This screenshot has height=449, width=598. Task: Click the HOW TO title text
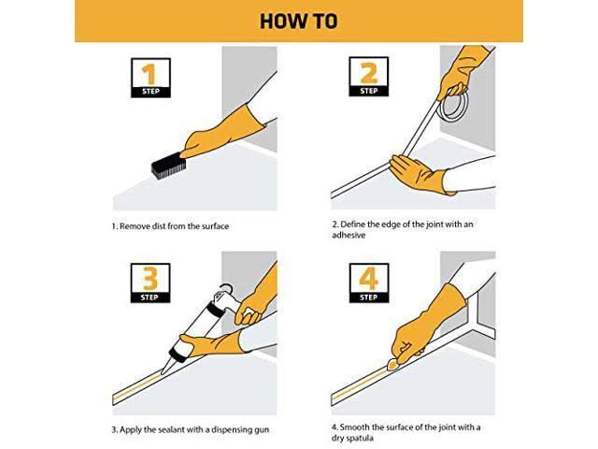[x=299, y=22]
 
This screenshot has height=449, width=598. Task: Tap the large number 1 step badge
[x=150, y=78]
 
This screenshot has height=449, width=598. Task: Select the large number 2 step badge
[x=369, y=77]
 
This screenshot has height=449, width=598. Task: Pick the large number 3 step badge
[x=150, y=282]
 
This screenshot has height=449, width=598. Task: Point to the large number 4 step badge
[x=369, y=282]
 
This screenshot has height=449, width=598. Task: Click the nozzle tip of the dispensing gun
[x=163, y=372]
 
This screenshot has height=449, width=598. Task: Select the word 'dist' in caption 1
[x=159, y=226]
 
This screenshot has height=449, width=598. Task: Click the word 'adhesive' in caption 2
[x=349, y=235]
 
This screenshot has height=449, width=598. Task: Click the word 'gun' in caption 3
[x=262, y=430]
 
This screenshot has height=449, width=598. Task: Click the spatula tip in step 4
[x=392, y=366]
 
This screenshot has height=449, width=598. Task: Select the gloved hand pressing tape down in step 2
[x=420, y=174]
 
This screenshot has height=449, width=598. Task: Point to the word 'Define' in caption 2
[x=352, y=224]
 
